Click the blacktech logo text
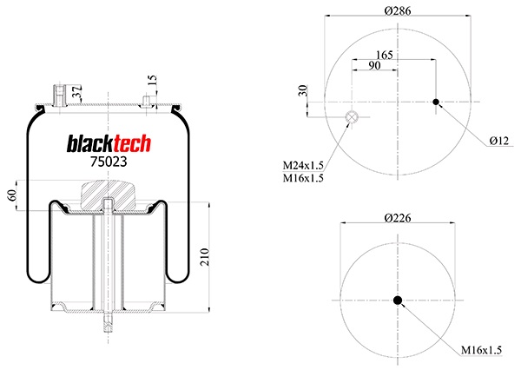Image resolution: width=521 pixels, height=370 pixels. click(x=109, y=143)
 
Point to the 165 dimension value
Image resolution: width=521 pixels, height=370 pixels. click(x=385, y=54)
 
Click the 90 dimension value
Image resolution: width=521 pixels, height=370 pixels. click(x=374, y=67)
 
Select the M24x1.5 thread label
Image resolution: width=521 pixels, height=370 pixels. click(x=303, y=164)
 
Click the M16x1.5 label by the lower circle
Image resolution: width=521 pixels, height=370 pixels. click(x=481, y=350)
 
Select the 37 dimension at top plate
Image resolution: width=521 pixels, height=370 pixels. click(x=79, y=91)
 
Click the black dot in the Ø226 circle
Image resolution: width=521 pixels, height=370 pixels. click(x=398, y=301)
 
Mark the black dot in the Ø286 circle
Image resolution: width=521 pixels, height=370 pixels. click(x=436, y=102)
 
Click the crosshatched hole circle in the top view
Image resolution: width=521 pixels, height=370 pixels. click(x=352, y=118)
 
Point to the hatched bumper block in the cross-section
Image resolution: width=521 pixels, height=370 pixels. click(x=108, y=192)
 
